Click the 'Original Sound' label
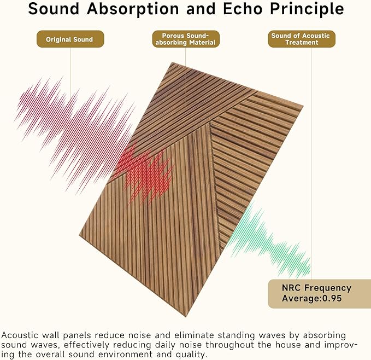[69, 39]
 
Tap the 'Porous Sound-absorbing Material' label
[185, 39]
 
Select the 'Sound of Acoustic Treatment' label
[301, 39]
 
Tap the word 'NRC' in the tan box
[292, 288]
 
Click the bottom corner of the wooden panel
[185, 316]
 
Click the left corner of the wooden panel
[80, 236]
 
